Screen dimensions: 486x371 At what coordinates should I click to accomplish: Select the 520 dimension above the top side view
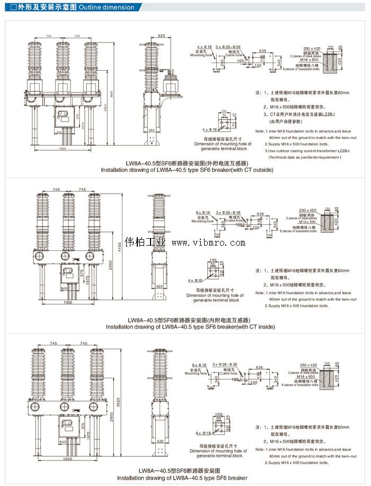[x=161, y=36]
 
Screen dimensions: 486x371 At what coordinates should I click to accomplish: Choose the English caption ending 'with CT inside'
[x=190, y=327]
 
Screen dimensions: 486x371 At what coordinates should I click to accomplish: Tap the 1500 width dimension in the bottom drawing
[x=67, y=458]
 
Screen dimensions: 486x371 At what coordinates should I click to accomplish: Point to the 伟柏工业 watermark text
[x=145, y=242]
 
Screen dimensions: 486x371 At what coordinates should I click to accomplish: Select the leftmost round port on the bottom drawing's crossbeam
[x=36, y=406]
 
